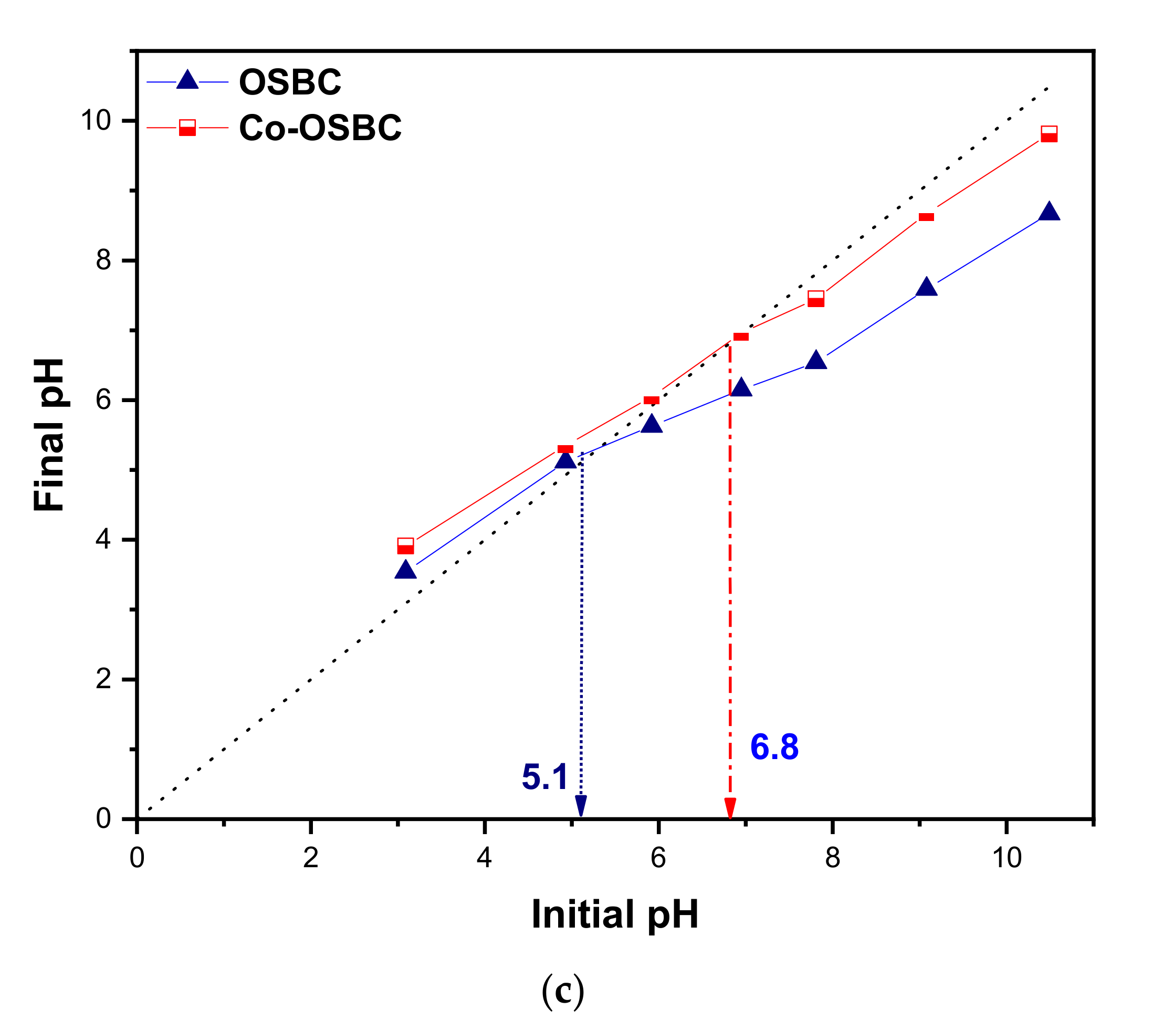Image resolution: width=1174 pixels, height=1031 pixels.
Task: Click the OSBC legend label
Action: click(x=289, y=82)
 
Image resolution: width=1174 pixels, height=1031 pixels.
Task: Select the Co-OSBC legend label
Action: click(x=320, y=128)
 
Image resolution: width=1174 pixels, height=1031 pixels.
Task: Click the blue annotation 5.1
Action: click(x=544, y=777)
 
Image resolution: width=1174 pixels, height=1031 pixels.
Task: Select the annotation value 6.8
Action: click(x=774, y=747)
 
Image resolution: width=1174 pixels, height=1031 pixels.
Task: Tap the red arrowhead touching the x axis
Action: click(x=729, y=809)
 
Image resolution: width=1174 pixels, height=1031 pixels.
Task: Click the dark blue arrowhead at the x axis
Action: click(x=581, y=806)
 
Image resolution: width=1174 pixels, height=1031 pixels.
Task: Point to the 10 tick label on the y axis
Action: click(x=96, y=121)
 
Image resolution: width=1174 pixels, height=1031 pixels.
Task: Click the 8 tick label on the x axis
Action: click(x=832, y=858)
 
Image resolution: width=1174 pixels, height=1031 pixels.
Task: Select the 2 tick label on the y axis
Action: click(x=103, y=679)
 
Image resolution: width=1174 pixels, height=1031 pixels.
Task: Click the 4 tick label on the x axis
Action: click(x=484, y=858)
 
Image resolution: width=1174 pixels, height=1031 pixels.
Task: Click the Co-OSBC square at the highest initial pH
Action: click(x=1049, y=134)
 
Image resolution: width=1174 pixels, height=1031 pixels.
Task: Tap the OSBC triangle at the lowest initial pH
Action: click(x=405, y=570)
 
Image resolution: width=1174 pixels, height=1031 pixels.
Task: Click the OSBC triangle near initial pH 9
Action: click(x=926, y=287)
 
